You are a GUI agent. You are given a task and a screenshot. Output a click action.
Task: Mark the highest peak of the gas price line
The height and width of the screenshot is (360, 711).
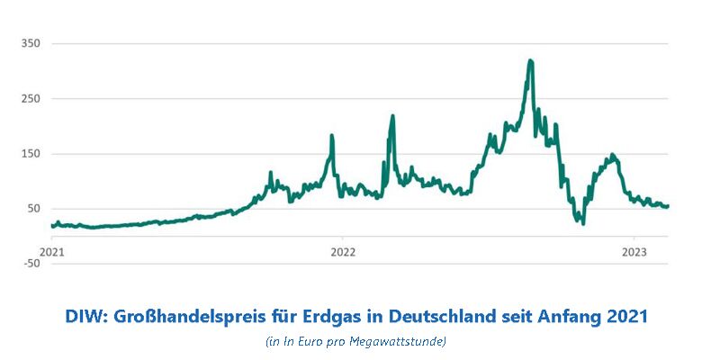[x=531, y=61]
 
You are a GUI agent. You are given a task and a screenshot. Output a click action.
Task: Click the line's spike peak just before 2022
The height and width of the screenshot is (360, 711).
[x=332, y=137]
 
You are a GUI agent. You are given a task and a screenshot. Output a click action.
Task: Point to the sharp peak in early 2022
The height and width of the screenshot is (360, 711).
[x=392, y=116]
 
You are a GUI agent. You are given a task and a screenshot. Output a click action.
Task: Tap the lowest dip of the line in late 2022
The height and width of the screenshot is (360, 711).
[x=583, y=222]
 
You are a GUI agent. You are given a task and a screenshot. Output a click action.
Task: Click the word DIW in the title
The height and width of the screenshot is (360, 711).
[x=85, y=317]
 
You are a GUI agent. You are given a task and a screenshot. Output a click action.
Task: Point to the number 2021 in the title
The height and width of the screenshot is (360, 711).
[x=626, y=317]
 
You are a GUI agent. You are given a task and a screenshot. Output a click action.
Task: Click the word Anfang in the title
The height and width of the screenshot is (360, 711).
[x=566, y=317]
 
